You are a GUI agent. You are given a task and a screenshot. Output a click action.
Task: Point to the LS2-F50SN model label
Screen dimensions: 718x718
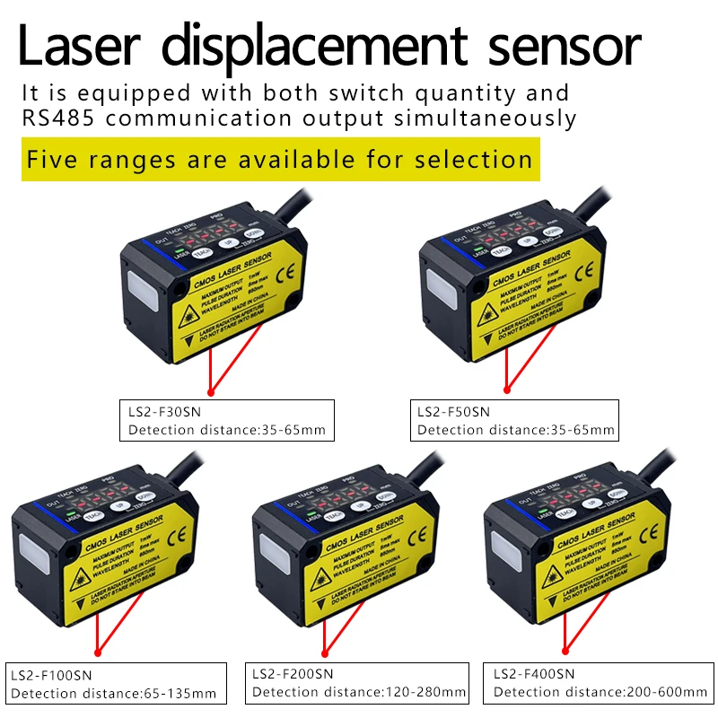coord(453,412)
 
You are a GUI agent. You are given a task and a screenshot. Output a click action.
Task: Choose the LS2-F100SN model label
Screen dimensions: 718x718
coord(51,674)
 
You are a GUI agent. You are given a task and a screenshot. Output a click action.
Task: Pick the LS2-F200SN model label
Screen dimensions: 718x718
coord(293,673)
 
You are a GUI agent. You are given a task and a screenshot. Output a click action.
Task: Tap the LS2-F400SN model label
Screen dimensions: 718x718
coord(533,673)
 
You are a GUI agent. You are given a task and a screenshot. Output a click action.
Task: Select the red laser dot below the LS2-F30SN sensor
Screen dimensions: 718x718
coord(212,391)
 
